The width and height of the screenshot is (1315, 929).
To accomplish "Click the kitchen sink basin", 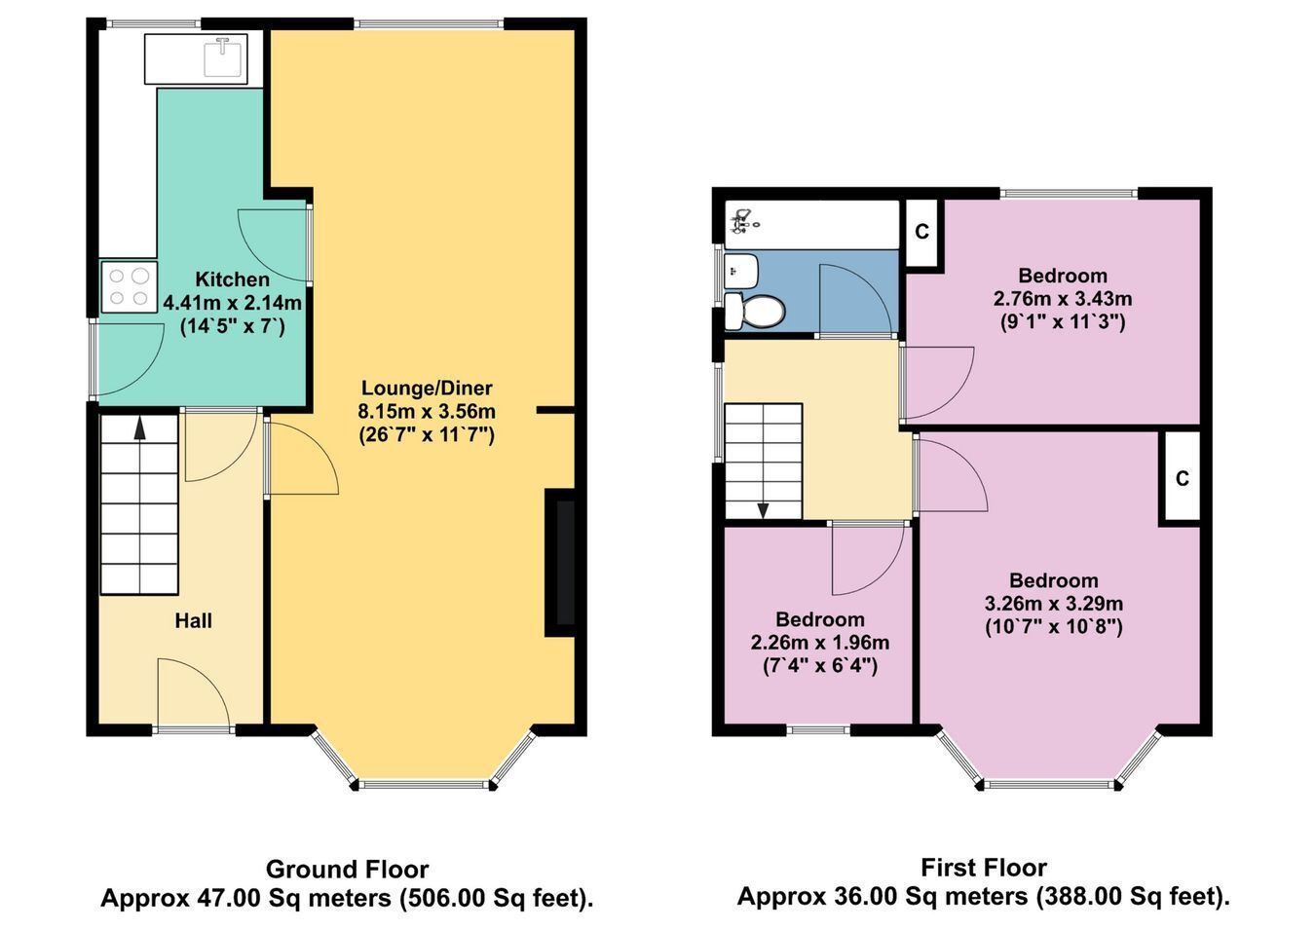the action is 225,58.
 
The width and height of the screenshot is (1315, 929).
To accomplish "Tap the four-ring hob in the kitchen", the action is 130,287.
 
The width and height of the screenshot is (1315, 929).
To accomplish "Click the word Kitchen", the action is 233,279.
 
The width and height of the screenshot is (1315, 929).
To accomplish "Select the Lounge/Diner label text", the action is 427,389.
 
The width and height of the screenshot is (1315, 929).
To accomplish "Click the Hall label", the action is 193,621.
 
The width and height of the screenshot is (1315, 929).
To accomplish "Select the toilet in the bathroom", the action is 754,310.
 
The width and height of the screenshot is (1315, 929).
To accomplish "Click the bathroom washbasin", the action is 741,271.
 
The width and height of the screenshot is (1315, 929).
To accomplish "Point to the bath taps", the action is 742,222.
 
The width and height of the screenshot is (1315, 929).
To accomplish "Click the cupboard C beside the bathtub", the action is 922,233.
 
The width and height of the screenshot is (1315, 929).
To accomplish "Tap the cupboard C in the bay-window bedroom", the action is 1183,479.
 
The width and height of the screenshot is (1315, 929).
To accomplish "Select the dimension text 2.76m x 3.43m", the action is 1063,299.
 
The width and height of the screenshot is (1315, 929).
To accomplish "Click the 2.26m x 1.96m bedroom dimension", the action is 819,643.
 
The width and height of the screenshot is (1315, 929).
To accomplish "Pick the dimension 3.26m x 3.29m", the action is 1054,604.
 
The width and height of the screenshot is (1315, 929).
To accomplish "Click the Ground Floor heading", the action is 347,870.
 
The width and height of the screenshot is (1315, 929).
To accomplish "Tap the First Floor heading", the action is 983,868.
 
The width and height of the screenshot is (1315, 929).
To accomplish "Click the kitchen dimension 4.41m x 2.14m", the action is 233,303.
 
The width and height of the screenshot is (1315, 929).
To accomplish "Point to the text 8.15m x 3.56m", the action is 427,411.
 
